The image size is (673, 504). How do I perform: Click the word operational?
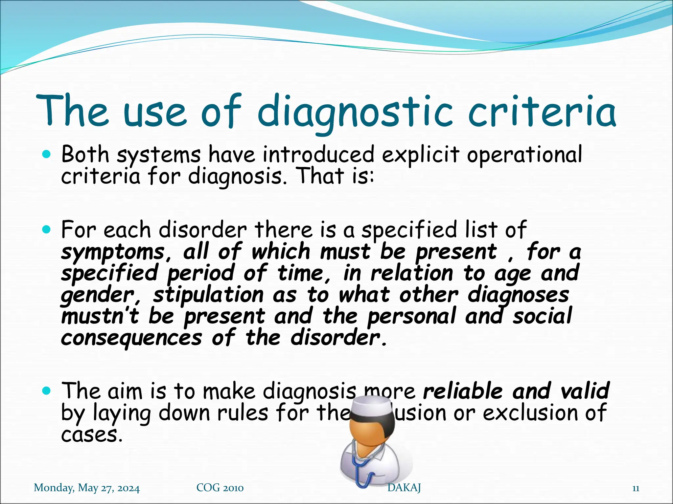[524, 155]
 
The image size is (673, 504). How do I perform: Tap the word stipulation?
[209, 295]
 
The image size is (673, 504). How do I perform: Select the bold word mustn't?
[100, 316]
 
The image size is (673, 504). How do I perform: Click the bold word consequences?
[131, 338]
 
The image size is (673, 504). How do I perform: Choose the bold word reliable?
[463, 391]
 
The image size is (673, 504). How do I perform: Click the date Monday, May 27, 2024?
[87, 488]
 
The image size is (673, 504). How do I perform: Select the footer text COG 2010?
[220, 488]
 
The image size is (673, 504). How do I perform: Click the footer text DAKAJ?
[404, 488]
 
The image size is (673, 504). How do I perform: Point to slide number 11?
[636, 489]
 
